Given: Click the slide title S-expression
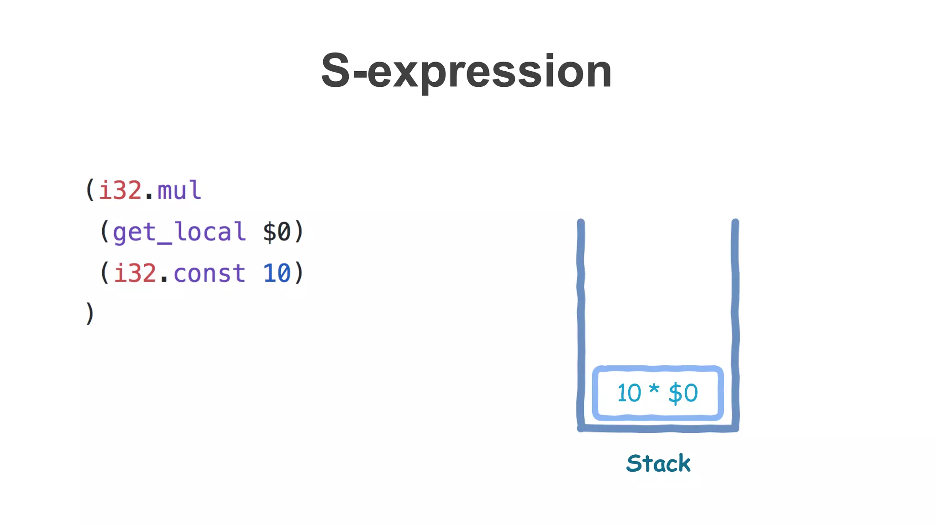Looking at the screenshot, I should [x=466, y=71].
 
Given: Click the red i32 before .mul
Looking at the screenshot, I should [x=120, y=190].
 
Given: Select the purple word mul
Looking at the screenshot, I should [x=179, y=190].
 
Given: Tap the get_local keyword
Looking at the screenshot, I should [x=179, y=232].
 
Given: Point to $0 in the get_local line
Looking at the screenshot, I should [x=277, y=232].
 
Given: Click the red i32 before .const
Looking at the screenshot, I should [x=135, y=274].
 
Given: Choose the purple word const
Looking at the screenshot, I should [x=209, y=274].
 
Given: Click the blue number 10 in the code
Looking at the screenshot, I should [x=277, y=274].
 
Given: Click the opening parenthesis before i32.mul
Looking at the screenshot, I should [x=90, y=190].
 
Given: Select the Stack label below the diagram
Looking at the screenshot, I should [x=658, y=463].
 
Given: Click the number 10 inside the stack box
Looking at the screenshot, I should [x=629, y=393].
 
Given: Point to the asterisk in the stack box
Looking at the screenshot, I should [x=654, y=389].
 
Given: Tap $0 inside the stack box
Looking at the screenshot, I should [x=683, y=393].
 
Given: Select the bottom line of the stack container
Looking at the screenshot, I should [x=658, y=428].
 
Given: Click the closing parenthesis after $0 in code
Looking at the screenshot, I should [x=299, y=232].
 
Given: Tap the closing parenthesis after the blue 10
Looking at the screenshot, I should [x=299, y=274].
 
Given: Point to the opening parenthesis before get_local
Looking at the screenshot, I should [x=105, y=232].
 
